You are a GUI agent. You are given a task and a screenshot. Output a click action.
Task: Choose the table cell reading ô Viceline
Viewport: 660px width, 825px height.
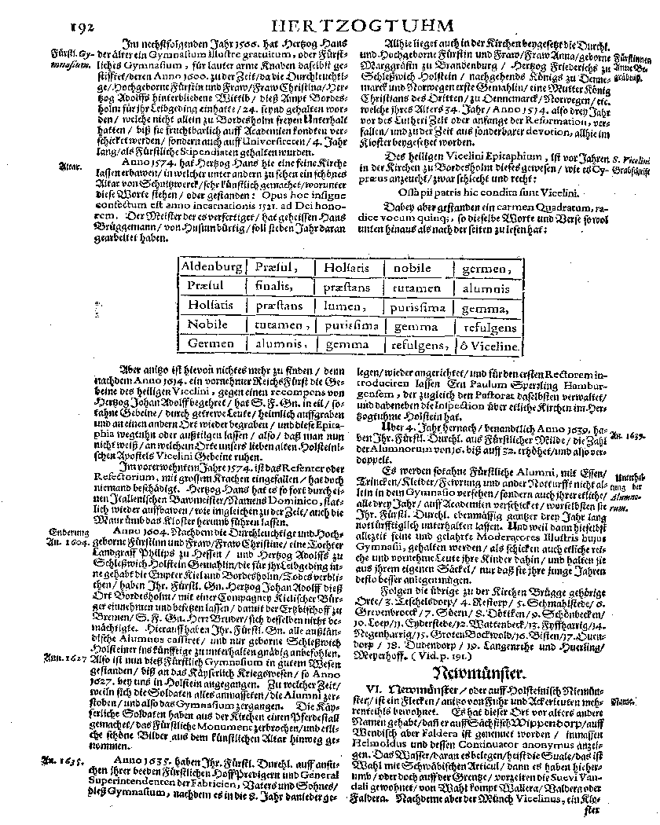487,345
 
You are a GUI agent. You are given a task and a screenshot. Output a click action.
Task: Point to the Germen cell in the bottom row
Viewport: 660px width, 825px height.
211,345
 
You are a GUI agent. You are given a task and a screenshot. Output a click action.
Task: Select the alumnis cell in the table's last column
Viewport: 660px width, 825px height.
486,287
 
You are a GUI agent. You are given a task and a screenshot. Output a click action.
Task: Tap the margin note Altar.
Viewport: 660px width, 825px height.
69,167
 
